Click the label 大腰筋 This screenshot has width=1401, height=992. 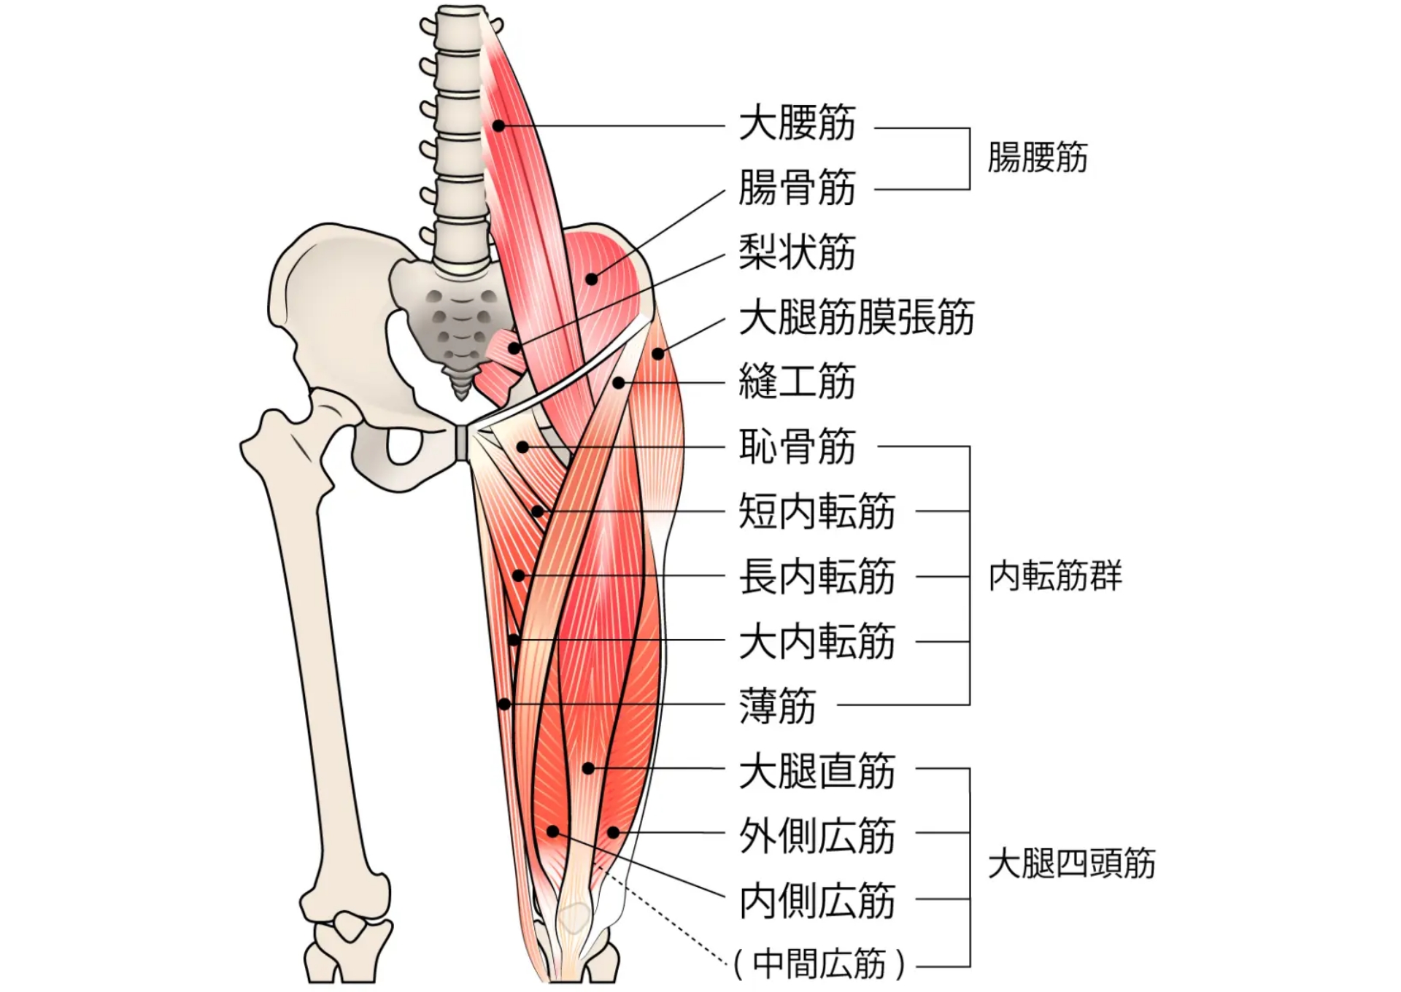(797, 123)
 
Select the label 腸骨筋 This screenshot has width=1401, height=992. (797, 187)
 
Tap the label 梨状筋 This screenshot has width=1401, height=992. (797, 252)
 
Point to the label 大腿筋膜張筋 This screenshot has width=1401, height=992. (857, 317)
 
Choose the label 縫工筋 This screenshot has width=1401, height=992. (797, 381)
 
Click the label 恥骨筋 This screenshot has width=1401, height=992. (797, 446)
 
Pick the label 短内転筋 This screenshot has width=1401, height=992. (817, 511)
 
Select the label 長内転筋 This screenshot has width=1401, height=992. (817, 576)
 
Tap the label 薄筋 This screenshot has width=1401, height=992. (777, 705)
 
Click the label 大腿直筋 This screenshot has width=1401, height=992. (817, 770)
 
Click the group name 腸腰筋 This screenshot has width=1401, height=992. (1037, 158)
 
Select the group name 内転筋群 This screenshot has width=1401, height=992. (1055, 576)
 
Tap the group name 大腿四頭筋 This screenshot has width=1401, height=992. (1071, 864)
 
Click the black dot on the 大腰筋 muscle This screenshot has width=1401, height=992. (499, 125)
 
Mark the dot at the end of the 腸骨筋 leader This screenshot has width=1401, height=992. (591, 279)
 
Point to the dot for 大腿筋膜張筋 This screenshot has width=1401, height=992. (657, 354)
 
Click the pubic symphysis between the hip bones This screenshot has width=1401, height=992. (461, 442)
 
